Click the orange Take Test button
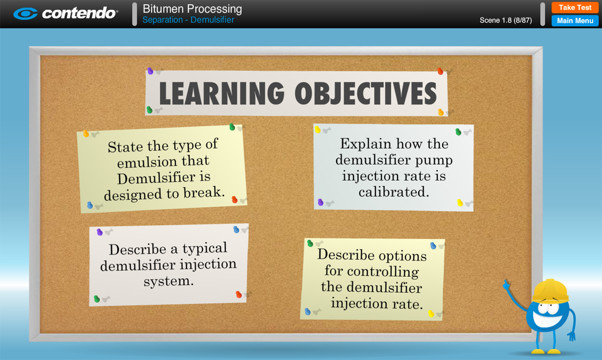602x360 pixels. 575,8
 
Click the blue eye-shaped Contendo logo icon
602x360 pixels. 26,14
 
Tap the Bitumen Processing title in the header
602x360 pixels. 192,9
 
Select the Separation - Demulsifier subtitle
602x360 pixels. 188,20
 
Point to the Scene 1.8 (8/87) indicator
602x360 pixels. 506,20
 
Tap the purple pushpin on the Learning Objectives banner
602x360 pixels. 150,71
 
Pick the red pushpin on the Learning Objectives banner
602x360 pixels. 440,71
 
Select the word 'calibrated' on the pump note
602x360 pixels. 394,192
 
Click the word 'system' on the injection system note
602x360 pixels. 168,281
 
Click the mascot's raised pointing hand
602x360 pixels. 507,285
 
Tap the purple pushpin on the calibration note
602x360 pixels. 320,202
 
